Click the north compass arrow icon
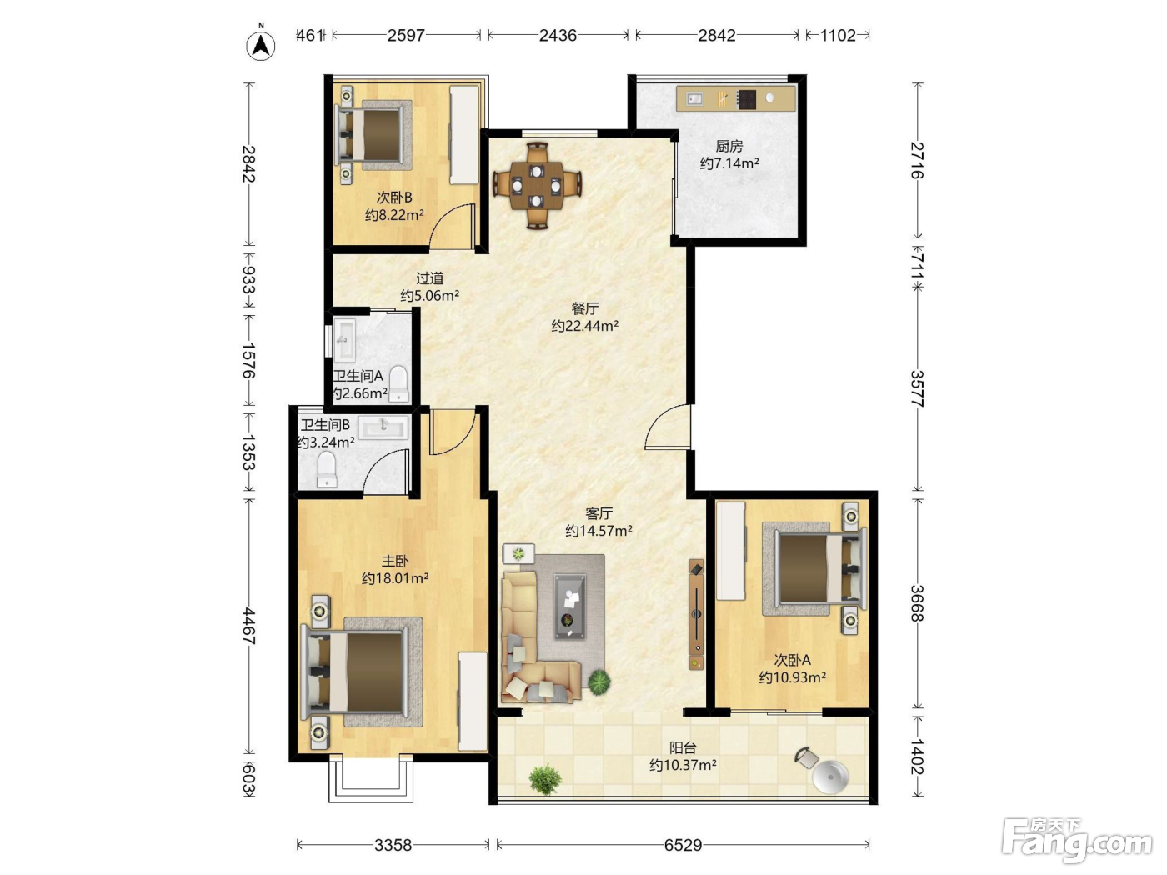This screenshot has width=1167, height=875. tap(261, 45)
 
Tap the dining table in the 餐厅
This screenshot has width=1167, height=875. tap(537, 185)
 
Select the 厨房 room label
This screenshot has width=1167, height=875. tap(729, 146)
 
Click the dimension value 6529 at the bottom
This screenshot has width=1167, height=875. tap(683, 844)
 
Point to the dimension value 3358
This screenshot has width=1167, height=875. tap(393, 844)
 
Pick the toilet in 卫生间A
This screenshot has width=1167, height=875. tap(398, 383)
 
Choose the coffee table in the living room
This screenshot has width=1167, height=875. tap(569, 606)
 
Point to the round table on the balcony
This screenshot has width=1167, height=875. tap(830, 777)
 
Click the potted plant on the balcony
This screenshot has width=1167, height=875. tap(545, 779)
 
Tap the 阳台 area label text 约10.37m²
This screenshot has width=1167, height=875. tap(683, 765)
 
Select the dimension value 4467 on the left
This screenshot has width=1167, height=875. tap(248, 627)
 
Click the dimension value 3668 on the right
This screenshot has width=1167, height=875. tap(917, 603)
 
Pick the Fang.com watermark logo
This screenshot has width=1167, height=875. tap(1077, 841)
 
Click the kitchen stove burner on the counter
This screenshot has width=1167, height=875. tap(746, 99)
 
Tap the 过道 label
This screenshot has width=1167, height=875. tap(429, 277)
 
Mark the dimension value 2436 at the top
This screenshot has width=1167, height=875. tap(558, 35)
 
